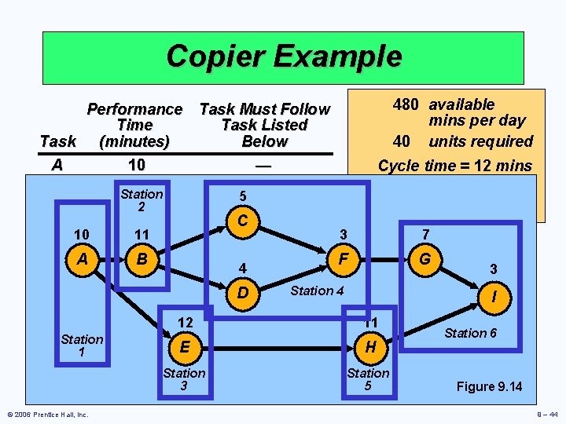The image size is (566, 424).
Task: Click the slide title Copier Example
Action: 283,57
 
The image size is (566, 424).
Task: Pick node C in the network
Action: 243,221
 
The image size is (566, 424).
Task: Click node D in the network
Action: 243,293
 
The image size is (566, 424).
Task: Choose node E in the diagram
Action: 185,346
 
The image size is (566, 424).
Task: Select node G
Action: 425,257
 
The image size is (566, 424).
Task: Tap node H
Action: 369,346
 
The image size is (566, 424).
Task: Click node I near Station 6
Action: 493,298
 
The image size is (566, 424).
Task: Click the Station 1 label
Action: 82,345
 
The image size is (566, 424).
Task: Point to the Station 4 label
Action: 317,291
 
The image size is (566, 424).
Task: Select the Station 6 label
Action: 470,333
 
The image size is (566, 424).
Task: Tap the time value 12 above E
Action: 185,322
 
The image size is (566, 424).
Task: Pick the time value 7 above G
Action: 425,234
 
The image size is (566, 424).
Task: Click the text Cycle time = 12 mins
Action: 454,166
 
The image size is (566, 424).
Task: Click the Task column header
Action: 57,141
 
